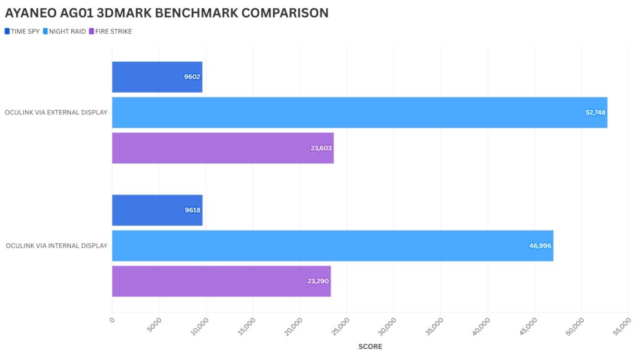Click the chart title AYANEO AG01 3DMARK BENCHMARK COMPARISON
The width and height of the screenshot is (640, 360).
(x=167, y=13)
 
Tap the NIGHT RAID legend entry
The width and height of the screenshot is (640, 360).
(x=66, y=31)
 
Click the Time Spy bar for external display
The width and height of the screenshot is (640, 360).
(x=157, y=77)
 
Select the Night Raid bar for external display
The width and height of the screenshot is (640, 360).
(x=359, y=112)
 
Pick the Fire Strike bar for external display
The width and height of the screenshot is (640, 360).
(x=222, y=148)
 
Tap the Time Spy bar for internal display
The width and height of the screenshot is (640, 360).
(x=157, y=210)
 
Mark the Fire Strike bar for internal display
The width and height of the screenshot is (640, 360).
(x=221, y=281)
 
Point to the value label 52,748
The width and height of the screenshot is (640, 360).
(x=594, y=112)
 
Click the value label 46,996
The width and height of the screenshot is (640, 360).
(x=540, y=246)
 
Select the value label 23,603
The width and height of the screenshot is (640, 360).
(x=321, y=148)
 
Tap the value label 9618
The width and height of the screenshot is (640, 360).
(x=192, y=210)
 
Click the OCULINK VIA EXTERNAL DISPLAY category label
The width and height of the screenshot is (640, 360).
(x=56, y=112)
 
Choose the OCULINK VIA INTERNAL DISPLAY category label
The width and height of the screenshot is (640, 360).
(x=56, y=246)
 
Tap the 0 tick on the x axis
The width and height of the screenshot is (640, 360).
(x=112, y=320)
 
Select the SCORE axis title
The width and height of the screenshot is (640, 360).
(x=370, y=346)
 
